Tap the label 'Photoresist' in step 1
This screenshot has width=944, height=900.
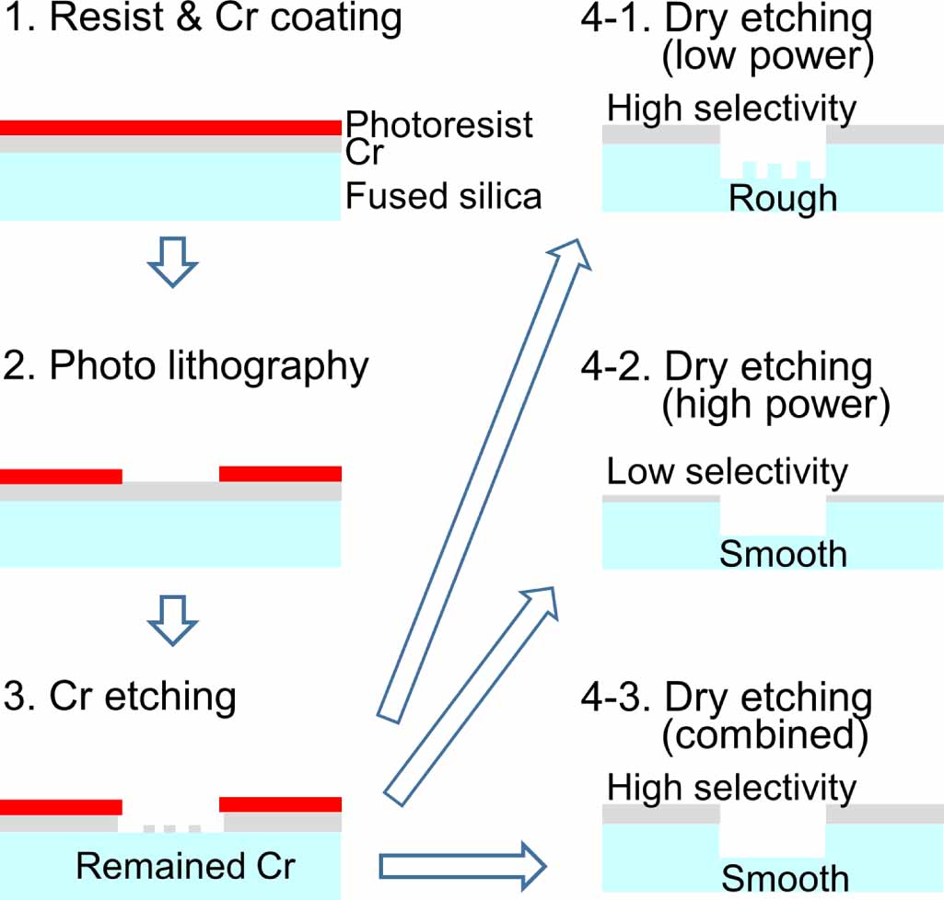click(440, 124)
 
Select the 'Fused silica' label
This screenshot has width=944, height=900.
click(443, 195)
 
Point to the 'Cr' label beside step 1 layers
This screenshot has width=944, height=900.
click(364, 154)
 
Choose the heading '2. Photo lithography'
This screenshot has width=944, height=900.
click(208, 366)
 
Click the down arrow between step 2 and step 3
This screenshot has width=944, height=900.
click(172, 619)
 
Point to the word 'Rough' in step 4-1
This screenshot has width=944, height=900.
click(783, 198)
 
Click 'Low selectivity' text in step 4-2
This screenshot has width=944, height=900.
click(728, 472)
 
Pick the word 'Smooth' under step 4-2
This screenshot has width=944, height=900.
click(783, 554)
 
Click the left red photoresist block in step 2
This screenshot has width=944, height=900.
click(61, 476)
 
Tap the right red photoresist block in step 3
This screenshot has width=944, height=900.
click(280, 804)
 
